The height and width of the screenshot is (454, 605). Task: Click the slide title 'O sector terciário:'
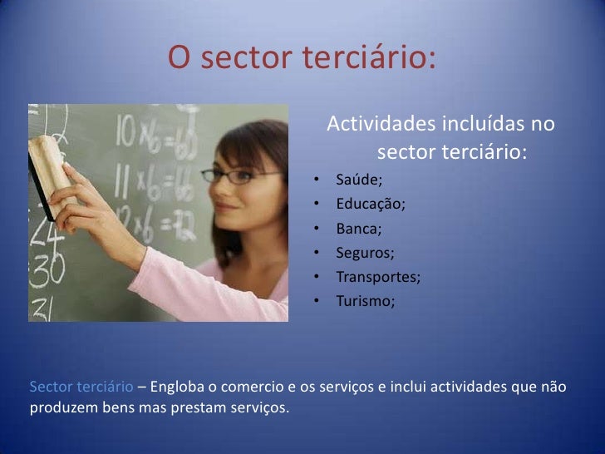point(302,57)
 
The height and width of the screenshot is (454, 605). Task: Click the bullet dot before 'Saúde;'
point(317,180)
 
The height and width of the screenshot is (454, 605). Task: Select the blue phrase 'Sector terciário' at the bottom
point(81,387)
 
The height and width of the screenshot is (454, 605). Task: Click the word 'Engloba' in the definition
point(175,387)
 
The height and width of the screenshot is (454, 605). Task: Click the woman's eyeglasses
point(241,175)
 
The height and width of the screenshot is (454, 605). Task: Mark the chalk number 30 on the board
point(45,268)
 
